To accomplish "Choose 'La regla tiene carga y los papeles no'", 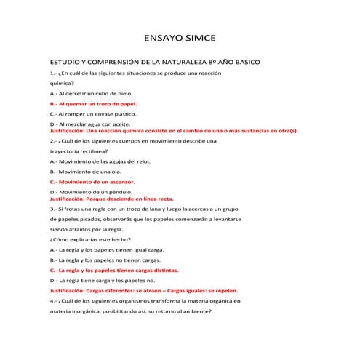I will click(103, 279).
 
